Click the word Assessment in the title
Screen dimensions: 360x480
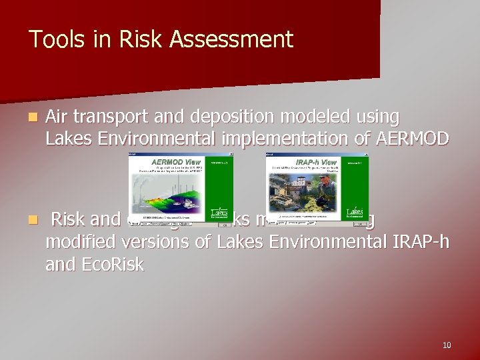pos(231,40)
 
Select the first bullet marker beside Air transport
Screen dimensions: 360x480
pos(33,118)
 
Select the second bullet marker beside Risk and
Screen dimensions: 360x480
pos(33,219)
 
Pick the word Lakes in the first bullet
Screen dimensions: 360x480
pos(68,139)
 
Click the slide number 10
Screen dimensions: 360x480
pos(446,345)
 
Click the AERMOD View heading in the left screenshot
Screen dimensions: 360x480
pos(176,161)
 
